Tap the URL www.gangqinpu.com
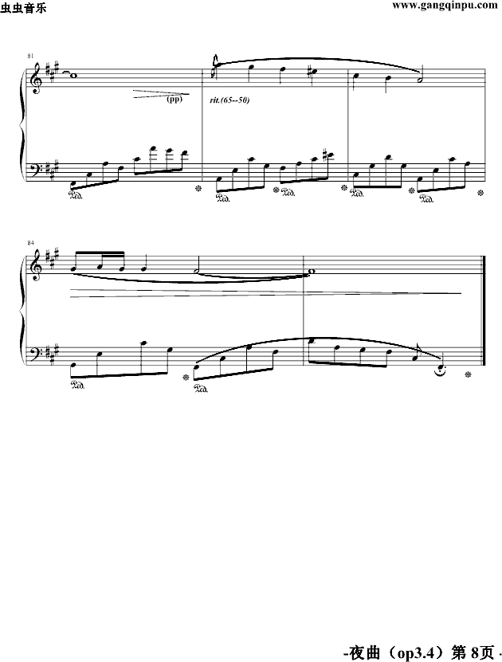point(442,6)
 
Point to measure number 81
point(30,56)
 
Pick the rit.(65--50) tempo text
point(229,100)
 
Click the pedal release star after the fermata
point(469,374)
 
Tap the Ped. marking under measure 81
point(79,194)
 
